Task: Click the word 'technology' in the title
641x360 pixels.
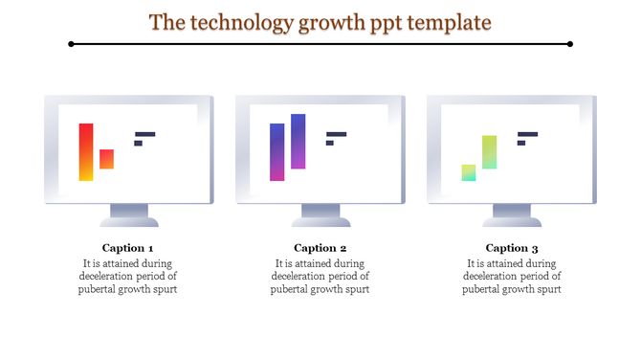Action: (241, 20)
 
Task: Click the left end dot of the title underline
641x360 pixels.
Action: (72, 44)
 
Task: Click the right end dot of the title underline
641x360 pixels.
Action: (570, 44)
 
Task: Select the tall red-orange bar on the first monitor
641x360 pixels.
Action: (86, 151)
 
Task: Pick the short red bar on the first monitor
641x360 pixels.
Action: (106, 159)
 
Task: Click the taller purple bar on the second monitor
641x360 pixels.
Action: (298, 141)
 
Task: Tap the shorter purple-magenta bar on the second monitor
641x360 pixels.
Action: (277, 151)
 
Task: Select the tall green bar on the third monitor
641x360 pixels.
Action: (489, 151)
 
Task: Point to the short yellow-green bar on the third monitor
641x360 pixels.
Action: (469, 172)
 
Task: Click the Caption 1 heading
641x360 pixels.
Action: (128, 248)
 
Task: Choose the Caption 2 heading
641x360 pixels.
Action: (320, 248)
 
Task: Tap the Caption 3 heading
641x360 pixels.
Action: (512, 248)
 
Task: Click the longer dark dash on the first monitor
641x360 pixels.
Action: (144, 134)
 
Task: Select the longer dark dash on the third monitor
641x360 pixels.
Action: (527, 134)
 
